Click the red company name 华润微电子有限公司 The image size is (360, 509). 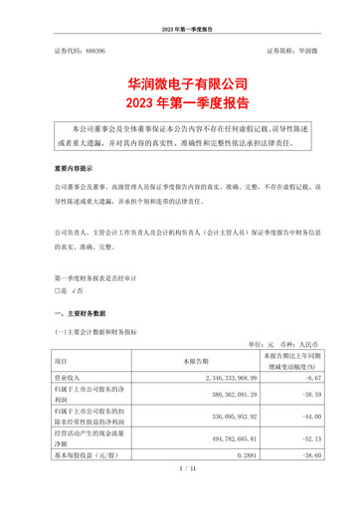[180, 81]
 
